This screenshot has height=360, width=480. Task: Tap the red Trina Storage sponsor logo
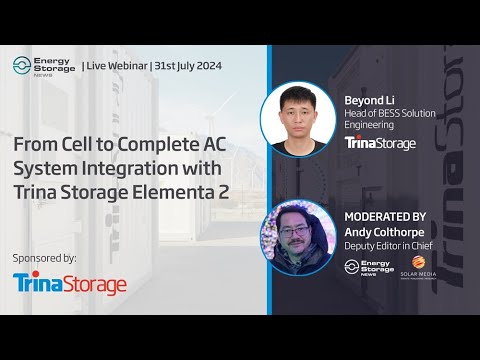70,284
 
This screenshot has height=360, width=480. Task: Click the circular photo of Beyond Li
297,120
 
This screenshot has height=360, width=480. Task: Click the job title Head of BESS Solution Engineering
390,119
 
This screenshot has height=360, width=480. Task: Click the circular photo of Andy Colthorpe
297,238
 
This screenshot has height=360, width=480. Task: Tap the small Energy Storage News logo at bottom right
364,268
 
